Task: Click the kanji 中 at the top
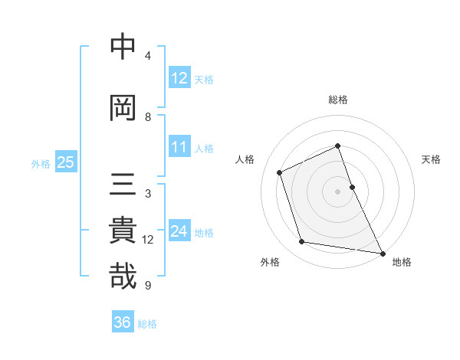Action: (123, 47)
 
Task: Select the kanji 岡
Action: (123, 109)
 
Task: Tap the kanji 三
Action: (123, 186)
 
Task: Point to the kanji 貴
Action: (123, 231)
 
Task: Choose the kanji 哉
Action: (123, 277)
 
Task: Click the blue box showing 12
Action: (179, 78)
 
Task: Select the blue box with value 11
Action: (179, 148)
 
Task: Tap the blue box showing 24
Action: (179, 231)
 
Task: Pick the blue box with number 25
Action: (65, 162)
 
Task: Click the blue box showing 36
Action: (123, 322)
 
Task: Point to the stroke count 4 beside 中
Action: (148, 56)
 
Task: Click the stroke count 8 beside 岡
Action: (148, 117)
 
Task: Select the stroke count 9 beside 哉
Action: (148, 286)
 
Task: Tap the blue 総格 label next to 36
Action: (147, 324)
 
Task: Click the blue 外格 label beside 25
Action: (41, 163)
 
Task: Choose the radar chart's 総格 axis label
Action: (338, 100)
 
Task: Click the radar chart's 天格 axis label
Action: (431, 159)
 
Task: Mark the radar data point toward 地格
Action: (382, 252)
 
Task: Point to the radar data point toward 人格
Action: (280, 172)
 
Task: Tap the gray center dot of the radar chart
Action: (338, 191)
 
